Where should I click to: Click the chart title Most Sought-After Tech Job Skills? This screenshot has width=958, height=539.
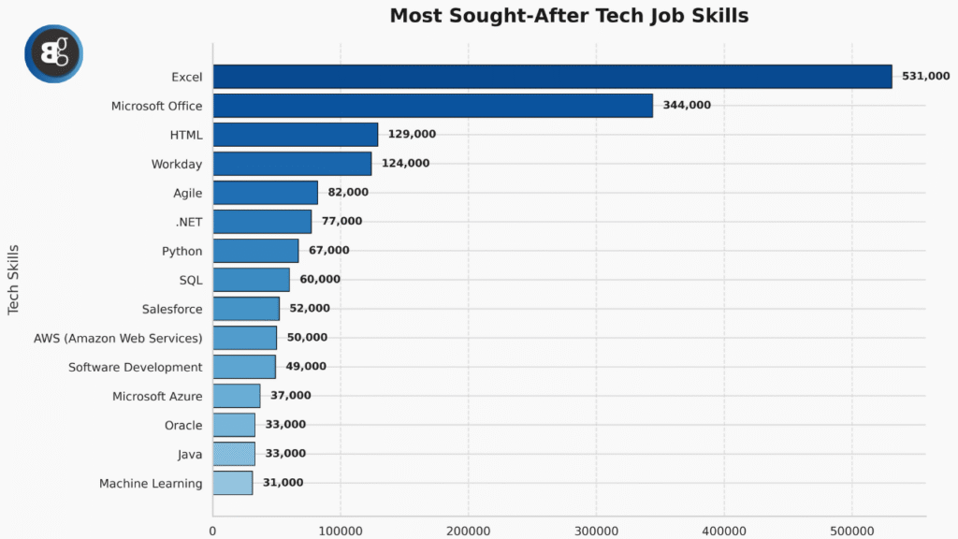tap(569, 16)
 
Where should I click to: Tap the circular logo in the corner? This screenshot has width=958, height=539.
tap(53, 53)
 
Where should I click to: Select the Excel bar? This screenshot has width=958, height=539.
tap(552, 77)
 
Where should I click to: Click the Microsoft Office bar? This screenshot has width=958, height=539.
tap(432, 106)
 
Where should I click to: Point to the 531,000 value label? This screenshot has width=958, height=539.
tap(925, 77)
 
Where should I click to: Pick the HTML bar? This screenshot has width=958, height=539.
tap(295, 135)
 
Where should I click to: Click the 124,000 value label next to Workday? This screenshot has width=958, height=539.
tap(405, 164)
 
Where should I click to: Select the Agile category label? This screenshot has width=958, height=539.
tap(187, 193)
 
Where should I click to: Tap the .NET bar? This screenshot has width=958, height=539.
tap(262, 222)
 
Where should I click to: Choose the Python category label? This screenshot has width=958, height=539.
tap(181, 251)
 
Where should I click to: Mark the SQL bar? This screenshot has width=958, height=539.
tap(251, 280)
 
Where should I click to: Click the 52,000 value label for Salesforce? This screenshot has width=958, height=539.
tap(309, 309)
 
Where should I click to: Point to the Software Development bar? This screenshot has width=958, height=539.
tap(244, 367)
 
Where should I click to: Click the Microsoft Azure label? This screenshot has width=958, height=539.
tap(157, 396)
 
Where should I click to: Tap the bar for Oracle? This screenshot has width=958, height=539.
tap(234, 425)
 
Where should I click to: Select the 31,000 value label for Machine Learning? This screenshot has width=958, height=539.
tap(283, 483)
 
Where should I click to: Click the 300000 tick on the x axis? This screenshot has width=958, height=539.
tap(596, 531)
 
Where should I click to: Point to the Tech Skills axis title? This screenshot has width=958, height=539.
tap(14, 280)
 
